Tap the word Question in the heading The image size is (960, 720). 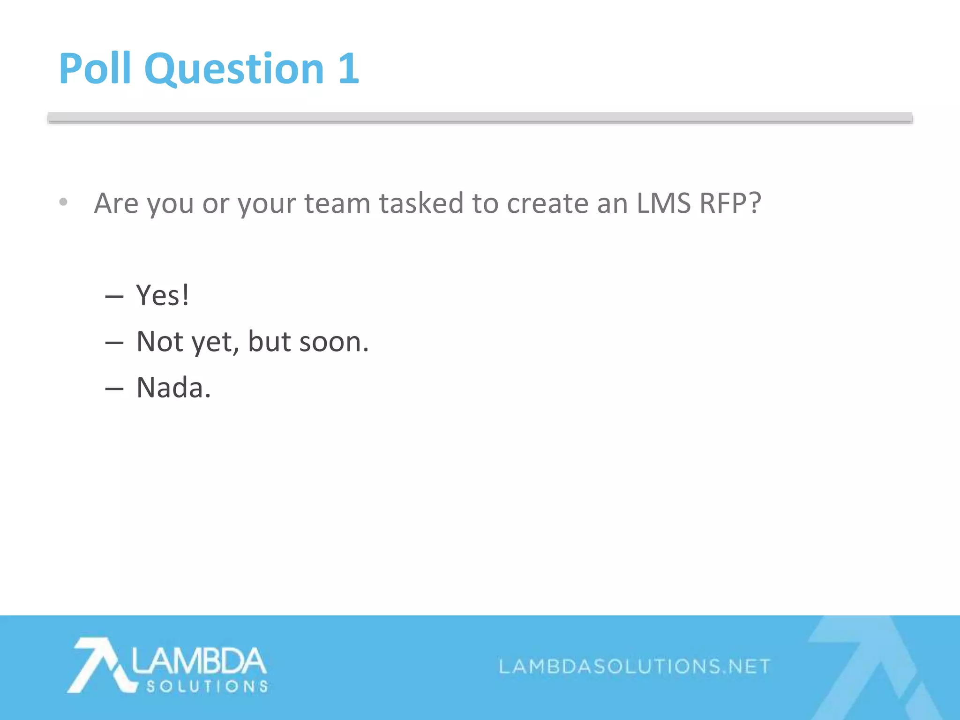click(x=234, y=69)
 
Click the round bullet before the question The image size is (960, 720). click(x=63, y=202)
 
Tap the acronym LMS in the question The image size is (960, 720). click(x=663, y=203)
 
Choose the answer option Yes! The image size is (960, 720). click(x=162, y=295)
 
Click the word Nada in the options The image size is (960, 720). click(x=173, y=388)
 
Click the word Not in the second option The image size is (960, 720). click(x=159, y=342)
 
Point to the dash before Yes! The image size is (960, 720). click(x=114, y=297)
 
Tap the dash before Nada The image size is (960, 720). click(x=114, y=389)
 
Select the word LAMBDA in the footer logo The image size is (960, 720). click(x=199, y=661)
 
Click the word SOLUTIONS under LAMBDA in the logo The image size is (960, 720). click(x=207, y=687)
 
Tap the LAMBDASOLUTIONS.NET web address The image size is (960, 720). click(x=634, y=666)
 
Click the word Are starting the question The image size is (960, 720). click(x=116, y=203)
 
